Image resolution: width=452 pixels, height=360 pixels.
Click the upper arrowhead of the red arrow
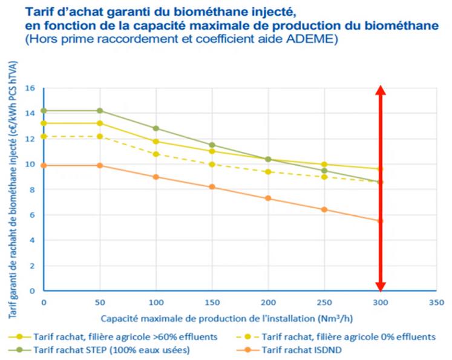click(380, 91)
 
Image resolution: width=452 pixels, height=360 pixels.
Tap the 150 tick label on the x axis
click(212, 301)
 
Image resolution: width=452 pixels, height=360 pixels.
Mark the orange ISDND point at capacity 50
click(100, 165)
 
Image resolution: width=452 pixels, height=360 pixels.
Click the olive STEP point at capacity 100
click(156, 128)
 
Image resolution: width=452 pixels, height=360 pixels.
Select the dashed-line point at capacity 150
click(212, 164)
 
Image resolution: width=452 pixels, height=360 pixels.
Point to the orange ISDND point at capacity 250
click(324, 209)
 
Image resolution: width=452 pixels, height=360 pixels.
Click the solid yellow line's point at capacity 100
click(156, 142)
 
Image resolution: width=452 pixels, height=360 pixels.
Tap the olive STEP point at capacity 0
click(44, 111)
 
